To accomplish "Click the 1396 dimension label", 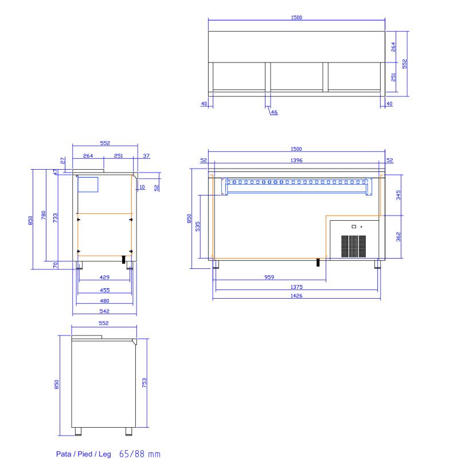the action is [x=296, y=160].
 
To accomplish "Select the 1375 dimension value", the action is [x=296, y=287].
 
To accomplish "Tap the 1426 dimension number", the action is [x=296, y=296].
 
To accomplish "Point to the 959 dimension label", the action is [x=269, y=277].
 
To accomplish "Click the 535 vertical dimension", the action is [x=198, y=226].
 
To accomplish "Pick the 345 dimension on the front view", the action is [x=398, y=195].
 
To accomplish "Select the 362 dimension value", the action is [x=398, y=236].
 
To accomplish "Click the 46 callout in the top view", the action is [x=274, y=112].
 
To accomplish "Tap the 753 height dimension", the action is [x=144, y=383].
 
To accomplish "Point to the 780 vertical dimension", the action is [x=44, y=215].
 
